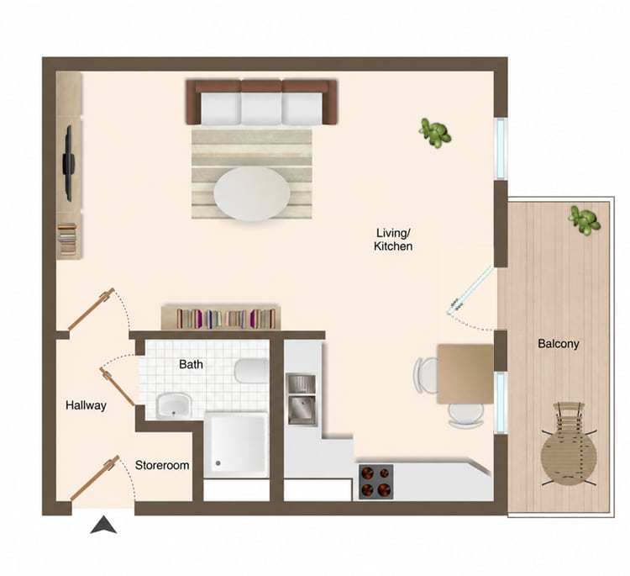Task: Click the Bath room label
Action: pos(191,364)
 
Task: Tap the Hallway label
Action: pos(86,405)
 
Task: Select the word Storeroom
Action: pos(162,465)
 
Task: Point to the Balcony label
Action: pos(559,344)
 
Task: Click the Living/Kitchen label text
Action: pos(393,240)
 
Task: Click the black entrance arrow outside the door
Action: pos(103,525)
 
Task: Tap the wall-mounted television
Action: pos(68,163)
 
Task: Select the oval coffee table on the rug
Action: pos(252,194)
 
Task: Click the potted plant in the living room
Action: pos(435,132)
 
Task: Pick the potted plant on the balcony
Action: pos(584,220)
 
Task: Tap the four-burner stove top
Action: pos(376,482)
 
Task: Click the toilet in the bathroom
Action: pos(251,371)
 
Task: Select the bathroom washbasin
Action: pos(174,405)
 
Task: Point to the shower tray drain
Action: pos(218,463)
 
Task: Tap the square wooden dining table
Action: pos(465,373)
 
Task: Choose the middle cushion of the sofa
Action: pos(261,108)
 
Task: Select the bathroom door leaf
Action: pos(117,387)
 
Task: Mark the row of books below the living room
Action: pos(226,319)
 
